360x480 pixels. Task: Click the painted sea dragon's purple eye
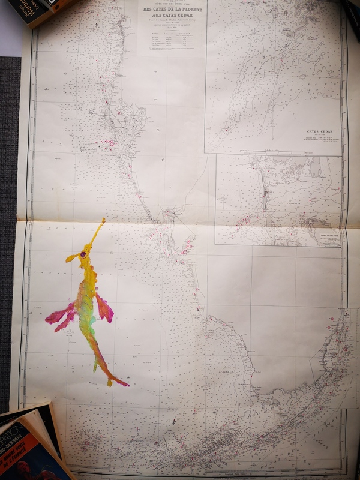[x=82, y=256]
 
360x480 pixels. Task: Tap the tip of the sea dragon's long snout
[x=103, y=220]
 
